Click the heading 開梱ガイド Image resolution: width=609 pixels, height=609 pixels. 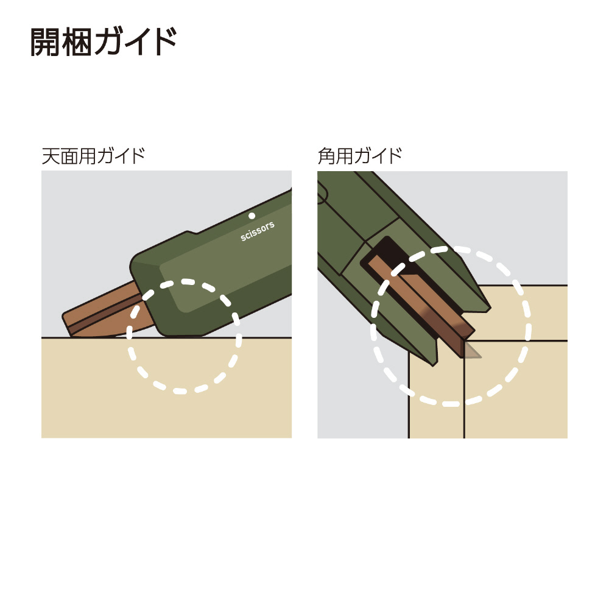click(x=104, y=41)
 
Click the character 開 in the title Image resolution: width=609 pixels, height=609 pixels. click(x=46, y=41)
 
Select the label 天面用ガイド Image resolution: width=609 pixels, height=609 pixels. click(x=93, y=156)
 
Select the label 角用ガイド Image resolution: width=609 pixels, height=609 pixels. click(x=360, y=156)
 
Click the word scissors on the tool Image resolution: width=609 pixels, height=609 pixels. click(x=258, y=231)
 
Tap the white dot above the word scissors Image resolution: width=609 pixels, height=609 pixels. click(x=252, y=216)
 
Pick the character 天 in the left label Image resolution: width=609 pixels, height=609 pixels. click(x=51, y=156)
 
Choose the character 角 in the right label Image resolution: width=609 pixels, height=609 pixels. click(x=326, y=156)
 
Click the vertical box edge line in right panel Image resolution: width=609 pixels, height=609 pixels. click(x=464, y=390)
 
